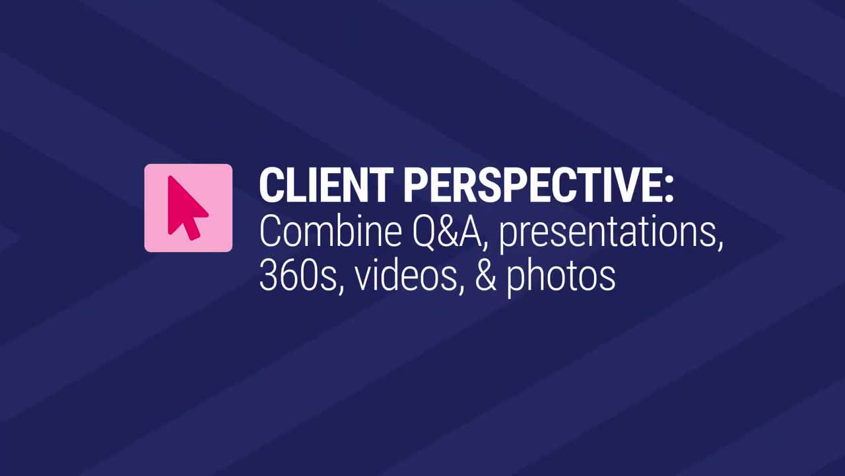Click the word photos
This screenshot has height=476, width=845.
tap(561, 276)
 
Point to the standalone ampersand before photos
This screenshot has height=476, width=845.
tap(485, 275)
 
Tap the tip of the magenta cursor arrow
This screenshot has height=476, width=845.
tap(170, 177)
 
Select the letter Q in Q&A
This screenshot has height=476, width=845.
tap(401, 232)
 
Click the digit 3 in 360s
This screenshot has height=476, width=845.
tap(268, 275)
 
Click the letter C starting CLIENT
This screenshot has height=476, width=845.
tap(271, 185)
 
